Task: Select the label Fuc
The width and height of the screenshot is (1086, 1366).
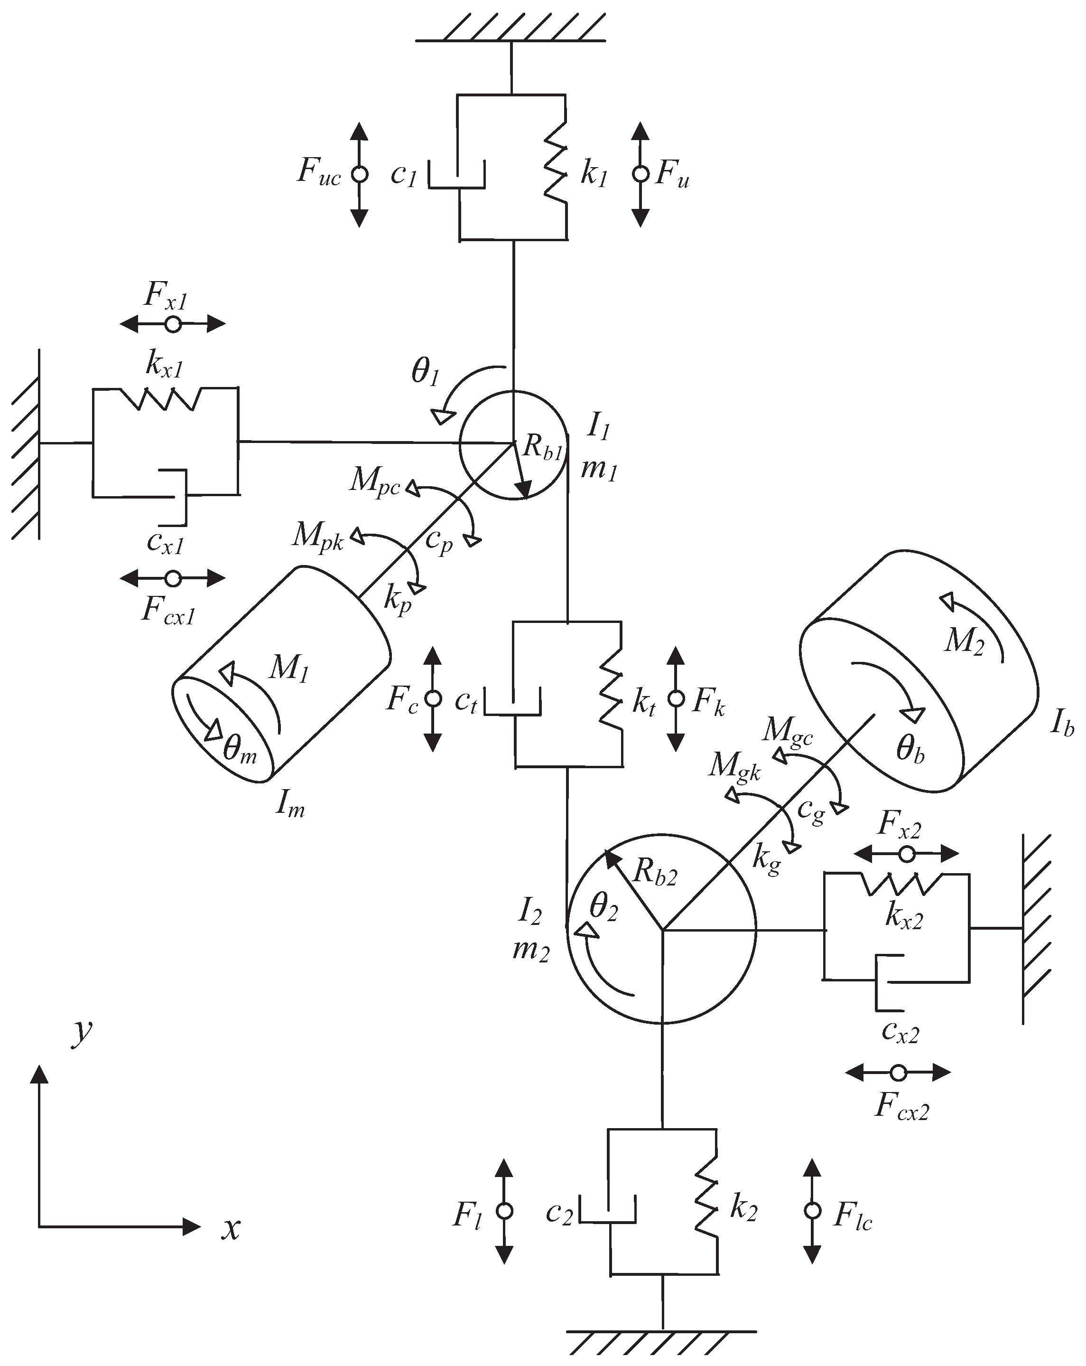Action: tap(318, 172)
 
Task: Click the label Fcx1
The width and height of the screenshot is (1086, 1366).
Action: tap(168, 612)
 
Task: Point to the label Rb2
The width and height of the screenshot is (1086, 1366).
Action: tap(655, 874)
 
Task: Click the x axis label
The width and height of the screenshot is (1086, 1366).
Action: tap(231, 1230)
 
